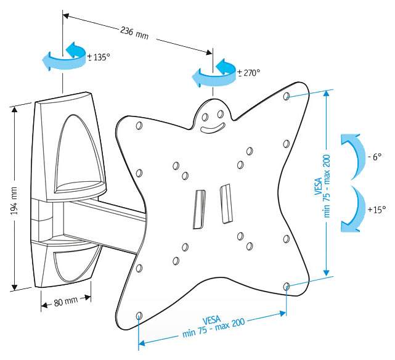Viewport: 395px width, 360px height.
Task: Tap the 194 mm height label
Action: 14,201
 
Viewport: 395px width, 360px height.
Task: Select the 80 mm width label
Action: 66,301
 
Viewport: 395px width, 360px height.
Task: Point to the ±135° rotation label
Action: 99,57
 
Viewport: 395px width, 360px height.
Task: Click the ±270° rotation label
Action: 248,73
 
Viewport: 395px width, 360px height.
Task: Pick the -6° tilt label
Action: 375,157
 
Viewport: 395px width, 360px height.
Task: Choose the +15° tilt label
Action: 377,209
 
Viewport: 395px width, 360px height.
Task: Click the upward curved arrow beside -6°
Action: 353,157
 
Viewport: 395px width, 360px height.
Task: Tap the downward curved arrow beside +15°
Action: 353,209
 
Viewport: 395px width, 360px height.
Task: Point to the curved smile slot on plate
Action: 213,128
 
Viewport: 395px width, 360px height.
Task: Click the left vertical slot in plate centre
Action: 199,210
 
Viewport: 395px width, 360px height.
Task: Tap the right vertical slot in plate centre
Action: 226,204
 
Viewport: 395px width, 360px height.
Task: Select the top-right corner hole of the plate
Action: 286,96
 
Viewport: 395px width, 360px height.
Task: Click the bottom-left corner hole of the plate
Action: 139,315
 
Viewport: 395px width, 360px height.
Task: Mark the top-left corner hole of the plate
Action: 139,126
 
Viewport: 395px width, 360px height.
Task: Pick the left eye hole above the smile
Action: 205,117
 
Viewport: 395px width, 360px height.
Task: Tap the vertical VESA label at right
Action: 323,186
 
